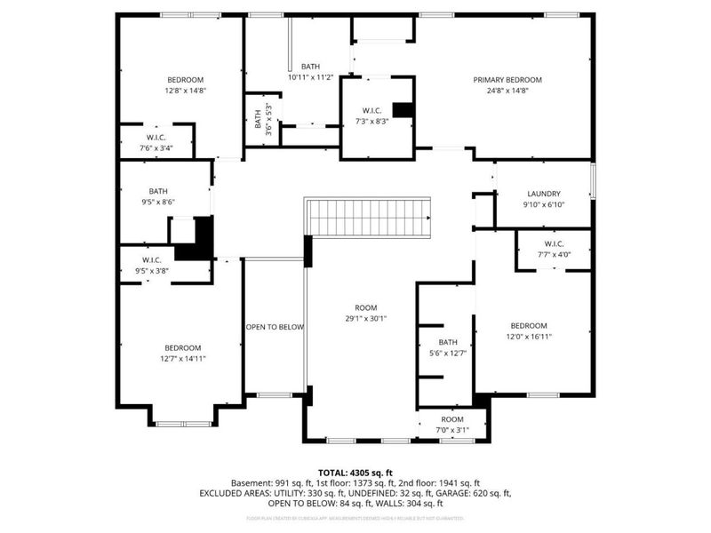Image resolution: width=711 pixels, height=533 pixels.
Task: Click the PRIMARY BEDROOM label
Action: click(507, 80)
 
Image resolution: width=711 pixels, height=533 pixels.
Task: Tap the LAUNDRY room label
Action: click(543, 194)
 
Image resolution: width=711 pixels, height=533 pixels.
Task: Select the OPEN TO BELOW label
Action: click(275, 327)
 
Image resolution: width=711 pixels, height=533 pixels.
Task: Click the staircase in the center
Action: click(367, 217)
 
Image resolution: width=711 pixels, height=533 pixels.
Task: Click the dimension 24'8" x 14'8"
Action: click(507, 91)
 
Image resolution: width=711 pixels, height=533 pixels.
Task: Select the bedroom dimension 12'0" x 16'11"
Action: click(529, 337)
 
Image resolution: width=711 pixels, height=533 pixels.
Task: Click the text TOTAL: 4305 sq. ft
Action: click(355, 473)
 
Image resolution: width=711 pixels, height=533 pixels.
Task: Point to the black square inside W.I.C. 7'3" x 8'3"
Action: click(403, 109)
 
